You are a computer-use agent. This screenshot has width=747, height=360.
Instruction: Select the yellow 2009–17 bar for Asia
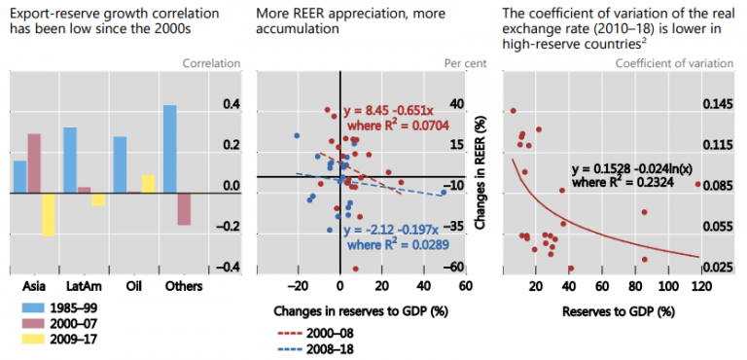tap(48, 214)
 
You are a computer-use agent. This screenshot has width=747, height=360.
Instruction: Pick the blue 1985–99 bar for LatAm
tap(70, 160)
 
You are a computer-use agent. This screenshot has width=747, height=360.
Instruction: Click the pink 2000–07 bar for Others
tap(184, 209)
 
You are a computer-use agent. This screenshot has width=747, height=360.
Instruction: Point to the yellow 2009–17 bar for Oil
tap(148, 184)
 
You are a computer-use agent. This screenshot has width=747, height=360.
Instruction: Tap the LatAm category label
tap(79, 288)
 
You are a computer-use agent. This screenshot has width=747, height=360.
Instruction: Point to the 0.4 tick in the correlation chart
tap(231, 104)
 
